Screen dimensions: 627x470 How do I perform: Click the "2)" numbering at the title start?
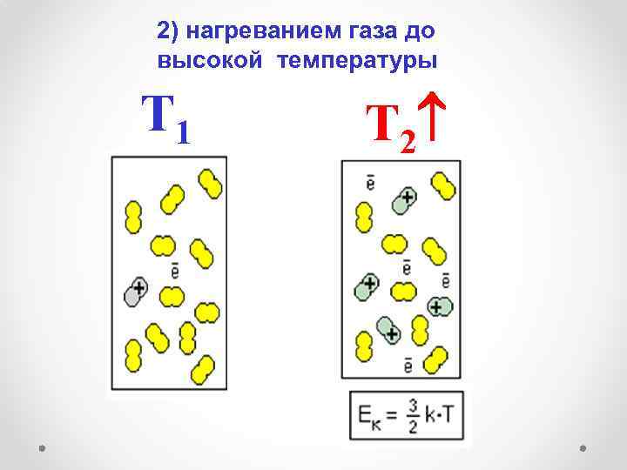pos(167,31)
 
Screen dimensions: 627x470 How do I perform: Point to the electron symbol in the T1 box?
pos(175,271)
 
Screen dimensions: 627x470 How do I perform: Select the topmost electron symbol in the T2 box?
pos(370,182)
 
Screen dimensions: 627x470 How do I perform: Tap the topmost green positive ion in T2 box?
pos(403,200)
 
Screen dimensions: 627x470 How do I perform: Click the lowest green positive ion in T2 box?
pos(387,329)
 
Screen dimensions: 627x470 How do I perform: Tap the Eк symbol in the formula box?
pos(366,416)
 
